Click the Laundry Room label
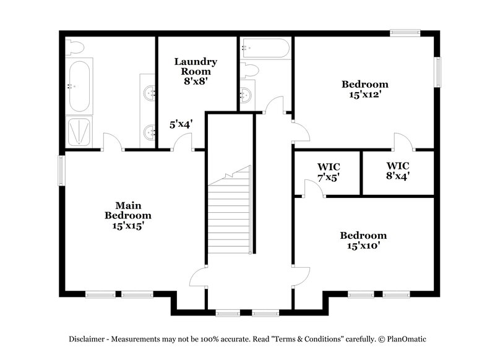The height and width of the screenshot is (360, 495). [196, 71]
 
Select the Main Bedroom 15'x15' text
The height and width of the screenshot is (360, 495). [127, 215]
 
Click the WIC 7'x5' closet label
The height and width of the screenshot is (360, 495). [328, 172]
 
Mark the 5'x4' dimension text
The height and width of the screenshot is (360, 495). [181, 124]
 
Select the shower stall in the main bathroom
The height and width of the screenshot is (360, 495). [79, 131]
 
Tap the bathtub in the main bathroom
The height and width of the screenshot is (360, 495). [79, 85]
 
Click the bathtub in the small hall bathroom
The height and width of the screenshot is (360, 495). [265, 48]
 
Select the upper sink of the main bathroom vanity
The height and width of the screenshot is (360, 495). [149, 93]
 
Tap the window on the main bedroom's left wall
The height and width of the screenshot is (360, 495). [61, 169]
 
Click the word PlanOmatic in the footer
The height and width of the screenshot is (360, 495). [405, 339]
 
